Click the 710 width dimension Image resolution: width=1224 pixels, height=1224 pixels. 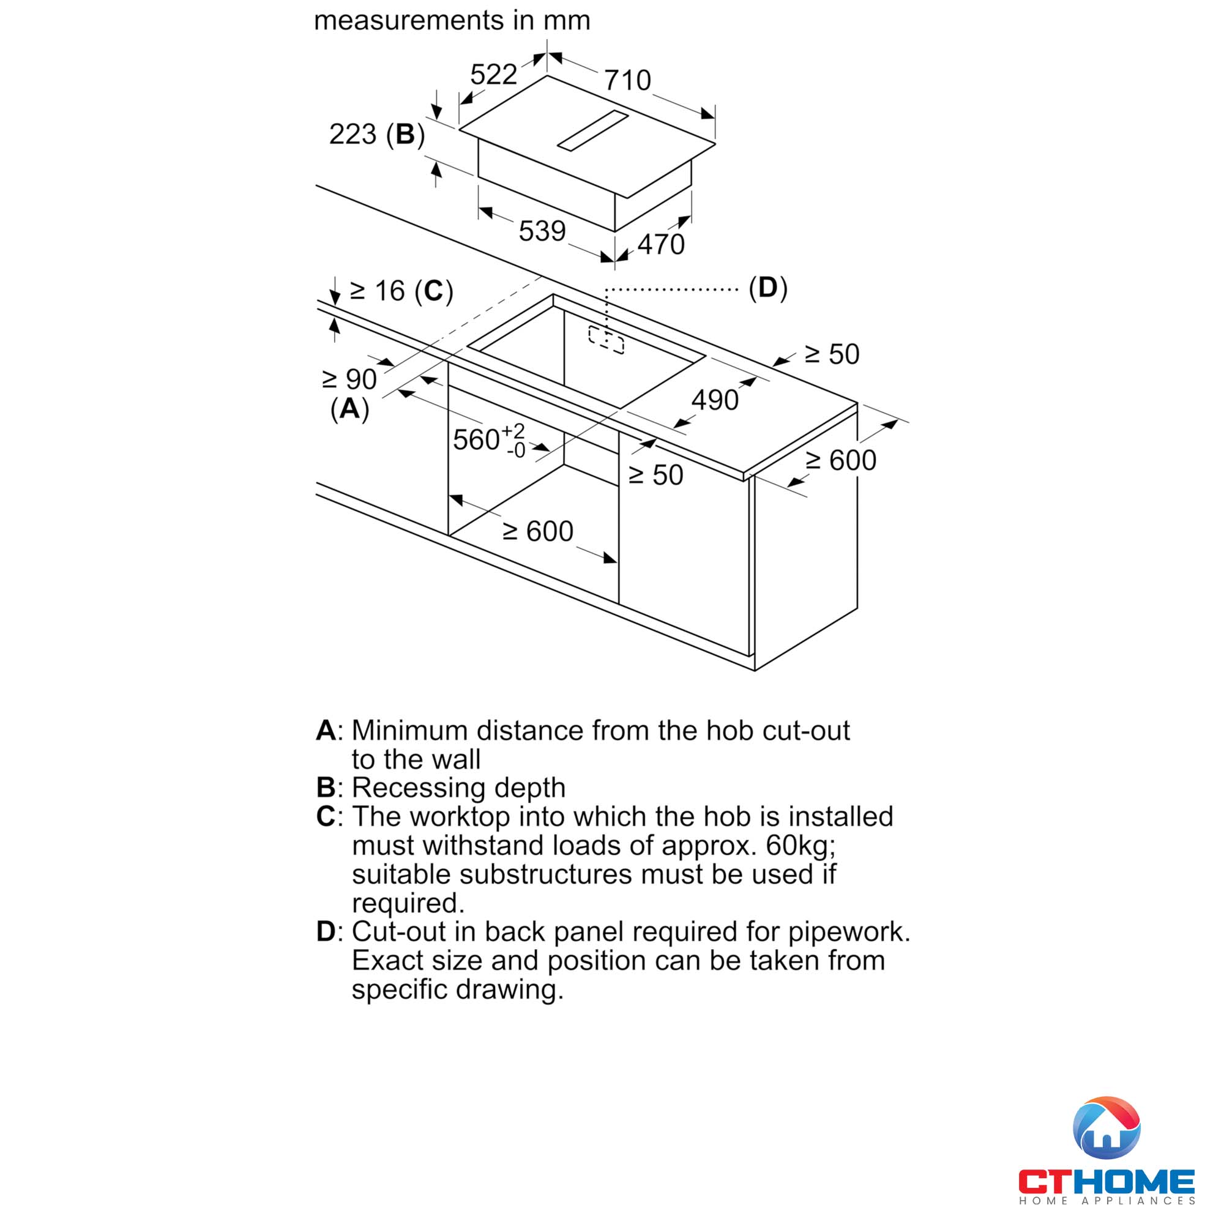pyautogui.click(x=627, y=80)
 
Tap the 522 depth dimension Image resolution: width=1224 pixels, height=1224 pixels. pyautogui.click(x=493, y=75)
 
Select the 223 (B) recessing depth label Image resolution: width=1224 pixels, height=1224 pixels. pyautogui.click(x=376, y=134)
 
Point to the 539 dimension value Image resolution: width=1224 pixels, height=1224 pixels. pyautogui.click(x=542, y=231)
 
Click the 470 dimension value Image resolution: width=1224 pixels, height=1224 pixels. pyautogui.click(x=661, y=245)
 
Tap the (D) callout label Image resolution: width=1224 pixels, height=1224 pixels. pyautogui.click(x=768, y=288)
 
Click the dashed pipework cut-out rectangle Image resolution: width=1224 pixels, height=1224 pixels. pyautogui.click(x=606, y=340)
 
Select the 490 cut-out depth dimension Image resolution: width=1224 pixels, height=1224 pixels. pyautogui.click(x=715, y=400)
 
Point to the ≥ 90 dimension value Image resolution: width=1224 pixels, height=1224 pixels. pyautogui.click(x=349, y=379)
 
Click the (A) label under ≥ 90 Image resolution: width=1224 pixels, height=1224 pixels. pyautogui.click(x=349, y=409)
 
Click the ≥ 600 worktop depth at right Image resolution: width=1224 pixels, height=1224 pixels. pyautogui.click(x=841, y=461)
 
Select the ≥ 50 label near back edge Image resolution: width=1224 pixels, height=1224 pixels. pyautogui.click(x=832, y=355)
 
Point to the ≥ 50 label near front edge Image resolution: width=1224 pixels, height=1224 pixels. pyautogui.click(x=655, y=476)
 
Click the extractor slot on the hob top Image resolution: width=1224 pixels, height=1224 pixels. pyautogui.click(x=592, y=131)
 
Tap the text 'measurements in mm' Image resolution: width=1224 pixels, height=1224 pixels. pyautogui.click(x=452, y=20)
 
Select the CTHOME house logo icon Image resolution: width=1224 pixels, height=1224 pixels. pyautogui.click(x=1106, y=1129)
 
